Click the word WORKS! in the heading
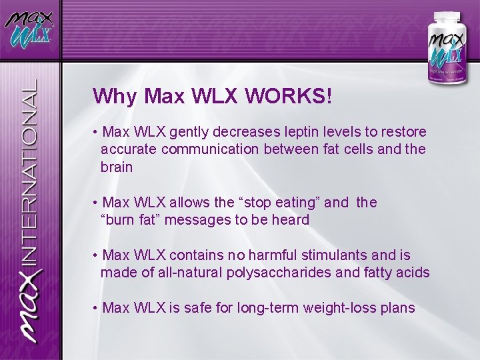click(288, 97)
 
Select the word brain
click(117, 167)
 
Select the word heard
click(291, 220)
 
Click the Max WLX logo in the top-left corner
click(29, 29)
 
